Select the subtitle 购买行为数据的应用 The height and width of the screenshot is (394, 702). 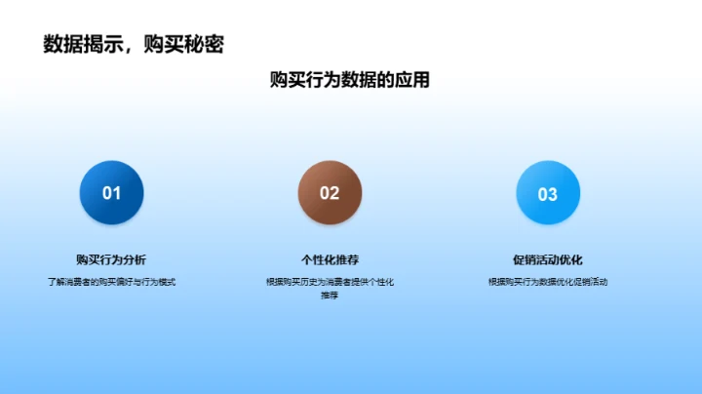click(350, 80)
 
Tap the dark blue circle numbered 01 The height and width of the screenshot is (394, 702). click(111, 192)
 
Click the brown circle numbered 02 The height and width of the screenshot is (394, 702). click(330, 192)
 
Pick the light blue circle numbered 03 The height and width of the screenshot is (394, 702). click(548, 192)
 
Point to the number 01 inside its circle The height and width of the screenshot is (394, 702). click(111, 193)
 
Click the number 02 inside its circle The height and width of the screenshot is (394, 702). click(330, 193)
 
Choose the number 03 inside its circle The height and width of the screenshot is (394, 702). click(548, 194)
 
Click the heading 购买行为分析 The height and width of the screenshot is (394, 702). click(111, 259)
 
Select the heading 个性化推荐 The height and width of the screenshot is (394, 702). click(330, 259)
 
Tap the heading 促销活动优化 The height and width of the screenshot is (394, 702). click(548, 259)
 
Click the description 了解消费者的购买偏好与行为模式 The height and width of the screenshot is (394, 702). click(111, 282)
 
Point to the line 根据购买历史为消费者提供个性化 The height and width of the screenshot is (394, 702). click(330, 282)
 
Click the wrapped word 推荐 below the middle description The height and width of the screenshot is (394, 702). click(330, 295)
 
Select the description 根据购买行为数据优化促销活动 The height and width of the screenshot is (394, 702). click(548, 282)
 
